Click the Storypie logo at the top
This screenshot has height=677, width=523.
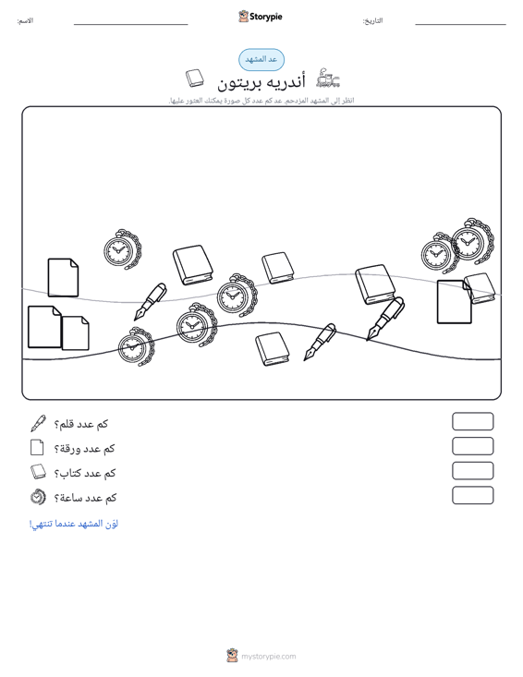pos(261,17)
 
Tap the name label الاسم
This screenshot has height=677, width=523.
pos(25,20)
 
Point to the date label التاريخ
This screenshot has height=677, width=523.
pos(372,20)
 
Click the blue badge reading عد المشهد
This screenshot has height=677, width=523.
pos(261,60)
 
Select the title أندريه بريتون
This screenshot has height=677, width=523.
pos(261,81)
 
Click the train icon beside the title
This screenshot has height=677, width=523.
pos(328,79)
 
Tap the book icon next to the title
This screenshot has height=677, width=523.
pos(195,79)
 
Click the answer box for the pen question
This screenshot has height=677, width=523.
pos(472,421)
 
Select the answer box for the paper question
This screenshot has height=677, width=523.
pos(472,446)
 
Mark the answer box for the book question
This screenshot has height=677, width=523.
pos(472,471)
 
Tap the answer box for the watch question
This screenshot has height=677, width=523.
pos(472,495)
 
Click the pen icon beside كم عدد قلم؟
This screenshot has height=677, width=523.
pos(38,424)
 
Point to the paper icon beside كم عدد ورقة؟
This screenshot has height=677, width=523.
pos(37,447)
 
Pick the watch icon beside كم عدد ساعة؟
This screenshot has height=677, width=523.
pos(38,497)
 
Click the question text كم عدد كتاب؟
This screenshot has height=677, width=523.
pos(85,473)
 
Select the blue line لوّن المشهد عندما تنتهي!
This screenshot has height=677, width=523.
pos(74,524)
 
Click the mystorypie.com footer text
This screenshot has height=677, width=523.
pos(269,657)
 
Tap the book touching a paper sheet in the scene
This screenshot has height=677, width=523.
pos(480,288)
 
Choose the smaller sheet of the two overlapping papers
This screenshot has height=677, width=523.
pos(76,332)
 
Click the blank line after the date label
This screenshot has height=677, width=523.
pos(460,25)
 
